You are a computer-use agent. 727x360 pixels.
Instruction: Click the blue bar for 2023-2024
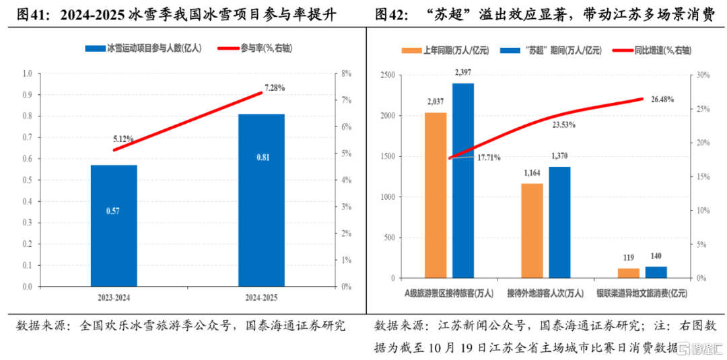pyautogui.click(x=114, y=225)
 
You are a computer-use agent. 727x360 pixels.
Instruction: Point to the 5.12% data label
pyautogui.click(x=123, y=139)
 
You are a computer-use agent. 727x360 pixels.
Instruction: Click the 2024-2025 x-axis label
pyautogui.click(x=261, y=296)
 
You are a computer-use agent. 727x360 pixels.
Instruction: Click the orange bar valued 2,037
pyautogui.click(x=436, y=195)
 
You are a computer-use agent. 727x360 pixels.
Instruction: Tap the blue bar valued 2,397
pyautogui.click(x=463, y=180)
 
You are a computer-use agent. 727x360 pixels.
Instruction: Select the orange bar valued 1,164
pyautogui.click(x=532, y=230)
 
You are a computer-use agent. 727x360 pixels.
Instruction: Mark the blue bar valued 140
pyautogui.click(x=656, y=272)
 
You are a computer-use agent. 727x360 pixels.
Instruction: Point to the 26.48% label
pyautogui.click(x=662, y=100)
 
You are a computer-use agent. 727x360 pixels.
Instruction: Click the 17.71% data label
pyautogui.click(x=489, y=158)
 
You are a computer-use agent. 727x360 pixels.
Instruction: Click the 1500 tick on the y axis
pyautogui.click(x=387, y=156)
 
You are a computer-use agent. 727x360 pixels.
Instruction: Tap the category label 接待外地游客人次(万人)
pyautogui.click(x=545, y=293)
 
